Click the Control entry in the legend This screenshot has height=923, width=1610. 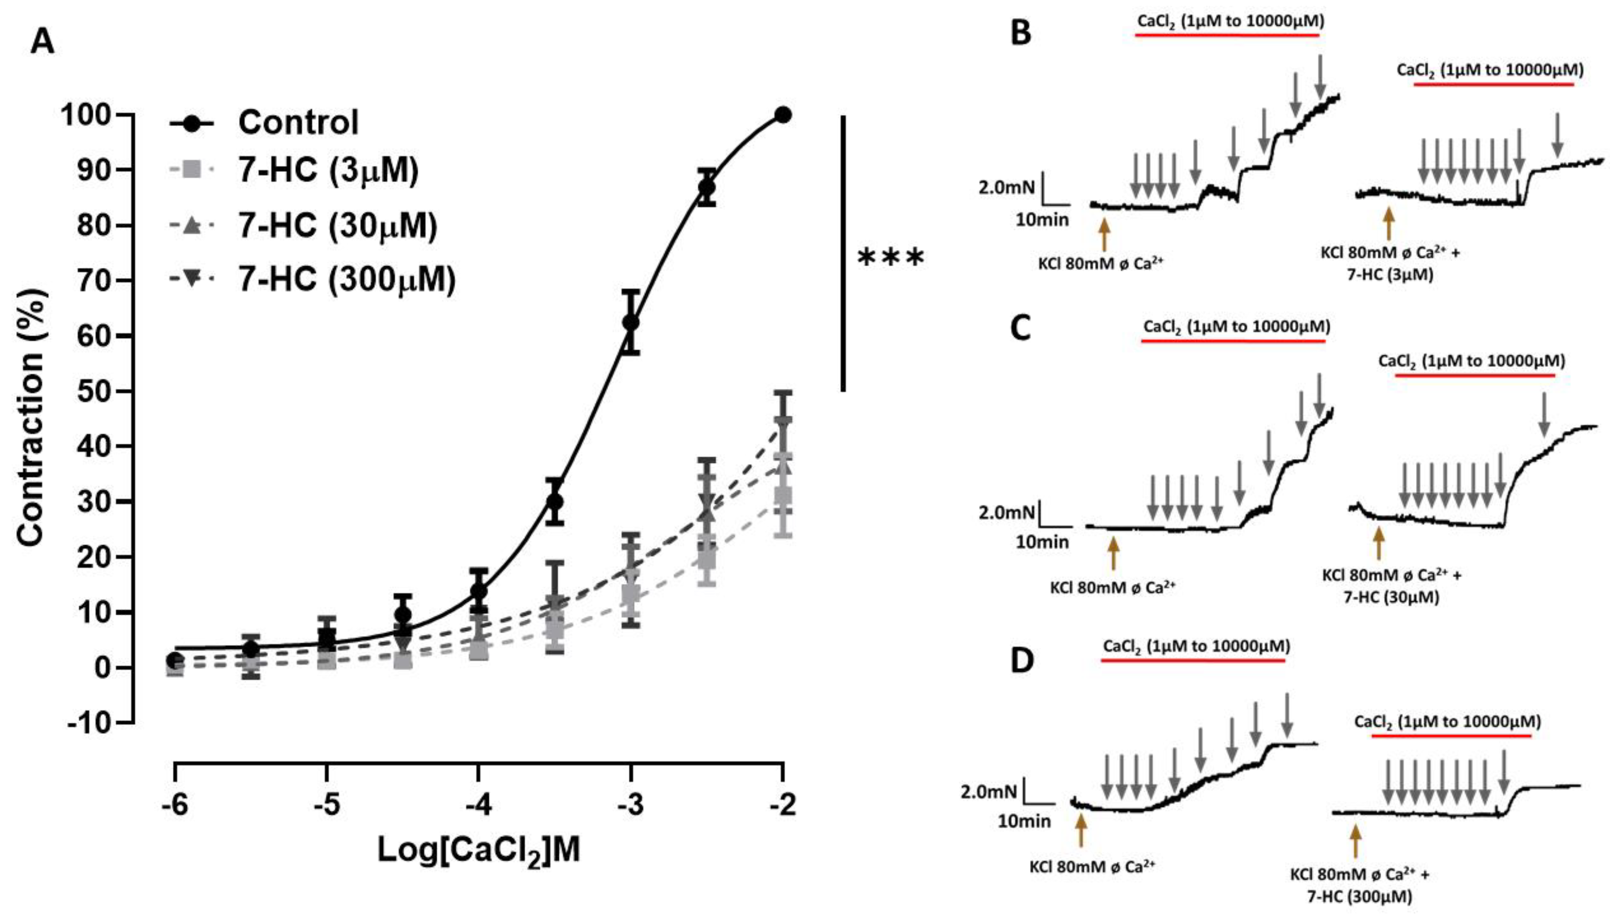(298, 122)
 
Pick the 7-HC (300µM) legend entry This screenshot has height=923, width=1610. (347, 279)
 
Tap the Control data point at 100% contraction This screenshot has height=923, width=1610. (783, 115)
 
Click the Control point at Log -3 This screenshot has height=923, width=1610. (630, 323)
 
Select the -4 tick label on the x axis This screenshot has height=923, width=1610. (478, 805)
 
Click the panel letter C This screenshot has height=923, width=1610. (1020, 328)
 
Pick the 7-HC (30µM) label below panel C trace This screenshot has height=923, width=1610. (1392, 597)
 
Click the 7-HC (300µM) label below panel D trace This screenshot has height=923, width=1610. (1360, 896)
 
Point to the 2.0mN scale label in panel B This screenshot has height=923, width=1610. (1006, 188)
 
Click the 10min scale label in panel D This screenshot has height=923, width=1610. (1024, 821)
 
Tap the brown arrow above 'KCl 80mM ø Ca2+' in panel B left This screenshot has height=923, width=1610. (1104, 235)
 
